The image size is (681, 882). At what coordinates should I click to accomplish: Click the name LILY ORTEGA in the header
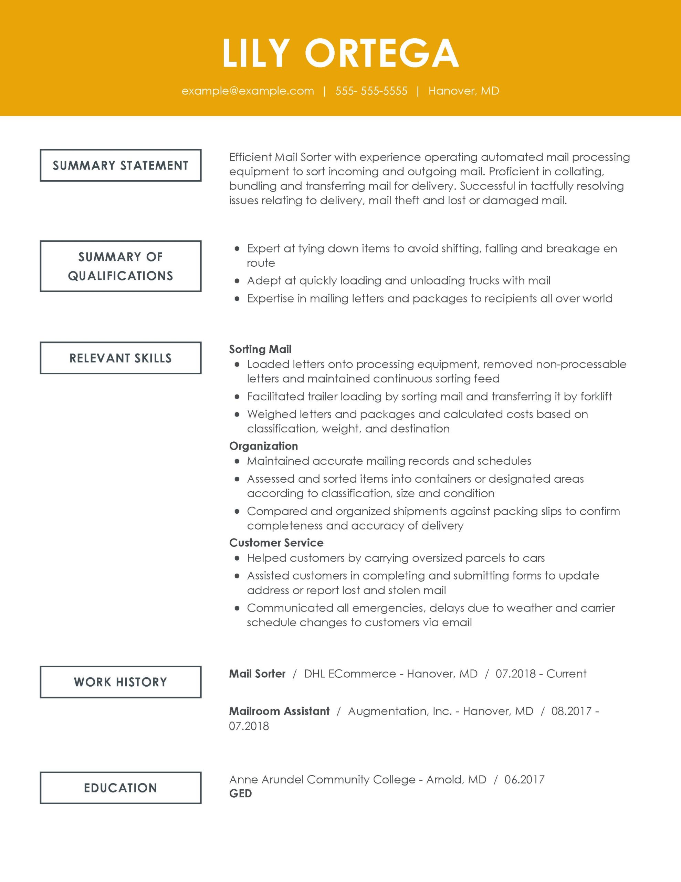[340, 53]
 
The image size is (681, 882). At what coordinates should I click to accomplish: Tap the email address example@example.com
[248, 91]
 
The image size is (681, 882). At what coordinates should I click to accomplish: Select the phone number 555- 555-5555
[371, 91]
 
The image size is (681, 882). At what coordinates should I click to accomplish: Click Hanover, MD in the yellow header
[463, 91]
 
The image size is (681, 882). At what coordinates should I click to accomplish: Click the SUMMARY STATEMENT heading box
[120, 165]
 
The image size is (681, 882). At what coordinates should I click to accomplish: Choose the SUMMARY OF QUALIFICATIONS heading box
[120, 266]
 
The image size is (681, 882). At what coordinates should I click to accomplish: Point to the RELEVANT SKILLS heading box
[120, 358]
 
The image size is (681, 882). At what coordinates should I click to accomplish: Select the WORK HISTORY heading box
[120, 682]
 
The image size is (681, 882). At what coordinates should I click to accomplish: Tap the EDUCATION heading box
[120, 788]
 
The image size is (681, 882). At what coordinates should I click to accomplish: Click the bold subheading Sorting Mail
[260, 349]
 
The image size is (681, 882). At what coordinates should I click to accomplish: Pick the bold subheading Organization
[263, 446]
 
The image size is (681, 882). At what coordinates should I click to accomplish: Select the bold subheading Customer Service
[276, 543]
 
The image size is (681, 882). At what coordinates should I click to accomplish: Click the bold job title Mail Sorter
[257, 674]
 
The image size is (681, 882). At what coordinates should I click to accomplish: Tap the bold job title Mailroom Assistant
[279, 711]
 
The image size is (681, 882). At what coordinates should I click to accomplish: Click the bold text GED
[240, 793]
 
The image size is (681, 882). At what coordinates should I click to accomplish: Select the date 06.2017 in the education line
[524, 779]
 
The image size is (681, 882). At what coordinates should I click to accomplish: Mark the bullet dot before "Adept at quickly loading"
[237, 281]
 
